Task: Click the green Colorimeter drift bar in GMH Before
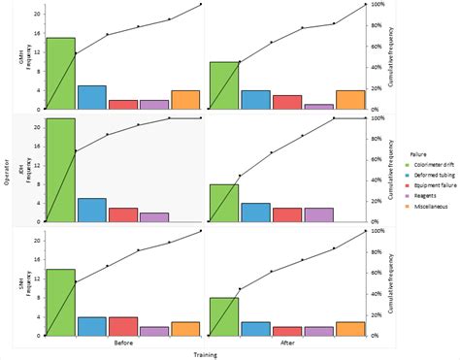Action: [61, 74]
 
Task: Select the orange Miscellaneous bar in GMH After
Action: [350, 99]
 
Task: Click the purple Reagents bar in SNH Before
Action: [154, 331]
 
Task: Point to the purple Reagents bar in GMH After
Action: [318, 106]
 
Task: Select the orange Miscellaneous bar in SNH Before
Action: [185, 329]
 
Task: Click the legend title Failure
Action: [418, 153]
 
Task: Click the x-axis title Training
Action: [206, 354]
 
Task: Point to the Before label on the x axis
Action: [124, 343]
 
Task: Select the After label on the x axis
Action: [286, 343]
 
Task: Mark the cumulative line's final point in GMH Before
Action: [201, 5]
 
